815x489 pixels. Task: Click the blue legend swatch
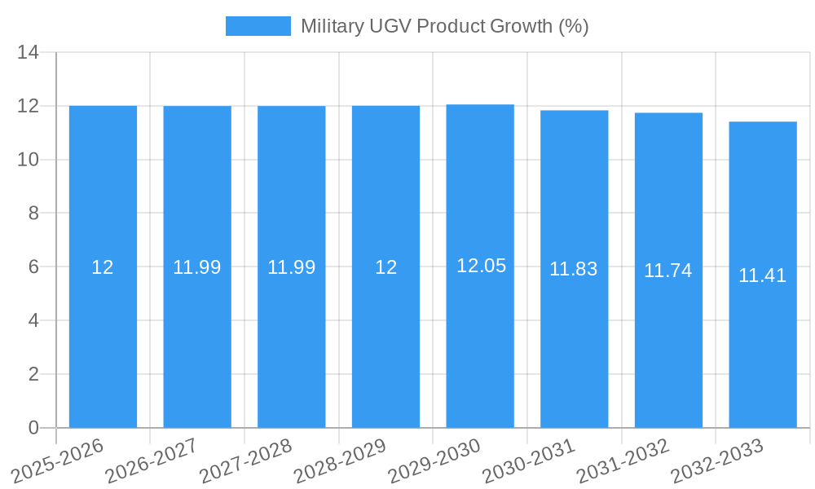click(258, 26)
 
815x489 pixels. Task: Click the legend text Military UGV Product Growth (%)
click(444, 26)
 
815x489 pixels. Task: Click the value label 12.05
click(481, 266)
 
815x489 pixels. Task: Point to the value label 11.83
click(574, 269)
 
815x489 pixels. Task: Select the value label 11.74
click(668, 271)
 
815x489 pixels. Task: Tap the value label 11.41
click(763, 275)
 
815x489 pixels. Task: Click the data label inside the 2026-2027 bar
click(197, 267)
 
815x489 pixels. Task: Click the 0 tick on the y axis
click(33, 428)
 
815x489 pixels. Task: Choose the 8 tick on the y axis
click(33, 214)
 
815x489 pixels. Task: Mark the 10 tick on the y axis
click(29, 160)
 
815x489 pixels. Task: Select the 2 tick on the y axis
click(33, 374)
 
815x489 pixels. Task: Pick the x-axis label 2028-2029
click(340, 460)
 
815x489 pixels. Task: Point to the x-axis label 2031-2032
click(623, 460)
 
